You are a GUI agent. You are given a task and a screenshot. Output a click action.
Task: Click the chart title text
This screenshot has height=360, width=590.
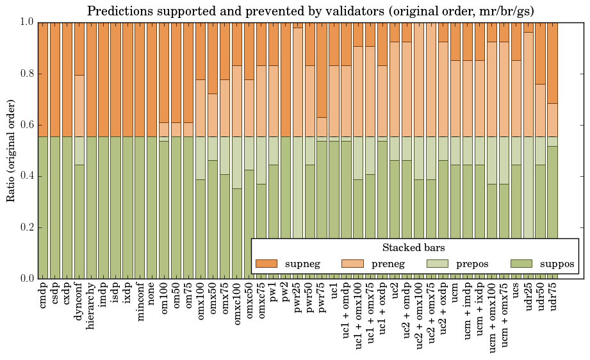point(311,11)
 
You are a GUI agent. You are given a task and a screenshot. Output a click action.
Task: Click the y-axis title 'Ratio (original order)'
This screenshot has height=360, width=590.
point(11,151)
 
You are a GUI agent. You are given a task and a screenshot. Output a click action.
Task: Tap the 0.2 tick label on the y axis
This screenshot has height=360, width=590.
point(26,227)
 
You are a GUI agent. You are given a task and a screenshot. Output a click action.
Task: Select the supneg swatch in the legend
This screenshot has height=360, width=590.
point(266,263)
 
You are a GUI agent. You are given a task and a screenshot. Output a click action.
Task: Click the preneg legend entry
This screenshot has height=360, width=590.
point(375,263)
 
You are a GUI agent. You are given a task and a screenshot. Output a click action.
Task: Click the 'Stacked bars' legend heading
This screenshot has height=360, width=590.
point(414,247)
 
